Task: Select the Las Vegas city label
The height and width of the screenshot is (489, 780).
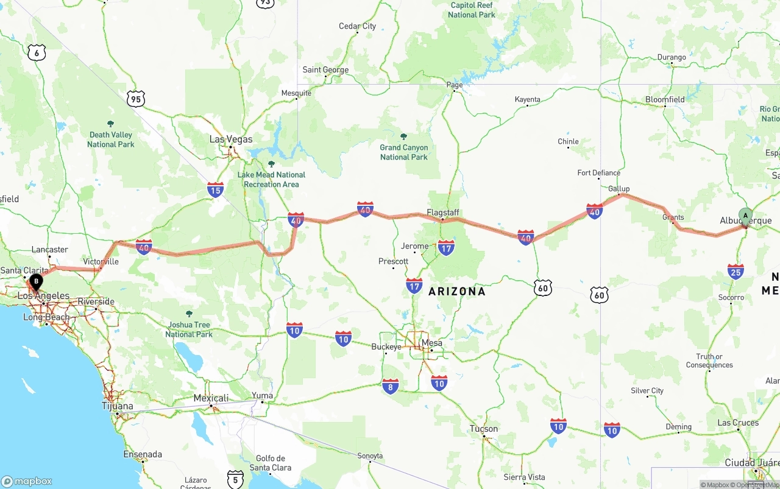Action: pos(230,139)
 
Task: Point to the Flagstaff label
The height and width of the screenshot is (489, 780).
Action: pos(443,213)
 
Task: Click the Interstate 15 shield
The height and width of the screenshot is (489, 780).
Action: pos(215,189)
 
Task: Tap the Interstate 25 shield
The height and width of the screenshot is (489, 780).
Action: pos(736,271)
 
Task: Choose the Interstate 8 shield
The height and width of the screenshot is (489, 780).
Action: pos(391,386)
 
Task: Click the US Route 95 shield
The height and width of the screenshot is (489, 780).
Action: pos(136,98)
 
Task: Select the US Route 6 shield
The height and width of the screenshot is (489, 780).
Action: pos(37,52)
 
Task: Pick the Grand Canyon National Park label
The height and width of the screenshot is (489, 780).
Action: pos(404,152)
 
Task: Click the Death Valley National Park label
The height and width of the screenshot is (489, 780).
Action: pos(110,139)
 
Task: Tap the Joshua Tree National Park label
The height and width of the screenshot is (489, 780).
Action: pos(189,329)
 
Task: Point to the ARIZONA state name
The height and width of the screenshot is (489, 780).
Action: pos(457,291)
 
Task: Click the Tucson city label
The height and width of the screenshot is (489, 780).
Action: pos(484,429)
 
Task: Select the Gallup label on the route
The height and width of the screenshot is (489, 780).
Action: pos(619,189)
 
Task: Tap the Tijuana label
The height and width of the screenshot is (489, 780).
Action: pos(118,406)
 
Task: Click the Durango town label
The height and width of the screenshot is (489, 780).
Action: pos(672,57)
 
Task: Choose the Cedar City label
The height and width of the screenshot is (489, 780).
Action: pos(357,26)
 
